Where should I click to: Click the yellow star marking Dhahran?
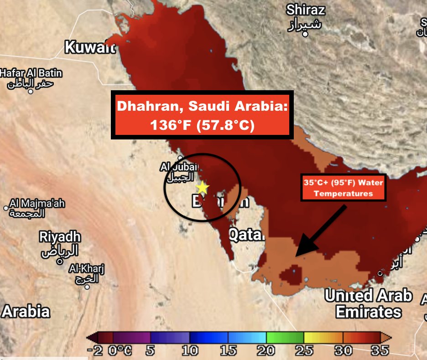(202, 187)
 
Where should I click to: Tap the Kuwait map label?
(90, 47)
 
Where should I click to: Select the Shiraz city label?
(306, 10)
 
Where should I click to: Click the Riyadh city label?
(60, 237)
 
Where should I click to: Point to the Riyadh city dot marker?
(59, 261)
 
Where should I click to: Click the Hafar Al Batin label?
(31, 73)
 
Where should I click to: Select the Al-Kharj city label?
(87, 269)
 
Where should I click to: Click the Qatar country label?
(246, 235)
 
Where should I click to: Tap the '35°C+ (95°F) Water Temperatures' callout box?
(344, 188)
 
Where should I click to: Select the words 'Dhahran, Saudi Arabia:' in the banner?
(202, 106)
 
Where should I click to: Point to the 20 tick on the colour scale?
(266, 350)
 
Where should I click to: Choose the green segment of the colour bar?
(285, 338)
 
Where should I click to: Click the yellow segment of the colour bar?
(323, 338)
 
